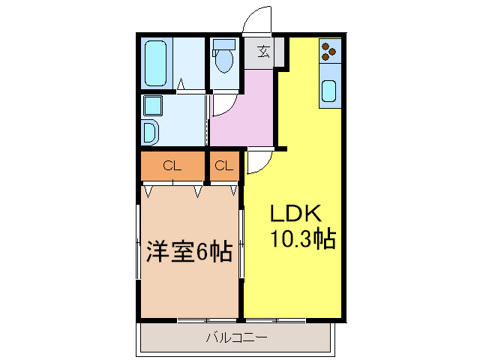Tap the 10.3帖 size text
[x=301, y=239]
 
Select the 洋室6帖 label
[x=188, y=252]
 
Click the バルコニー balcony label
[x=236, y=337]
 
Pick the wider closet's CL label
[x=172, y=166]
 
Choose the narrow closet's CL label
[x=223, y=166]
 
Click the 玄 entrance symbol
[x=265, y=52]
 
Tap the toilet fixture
[x=223, y=59]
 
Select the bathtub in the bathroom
[x=157, y=63]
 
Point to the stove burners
[x=329, y=50]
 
